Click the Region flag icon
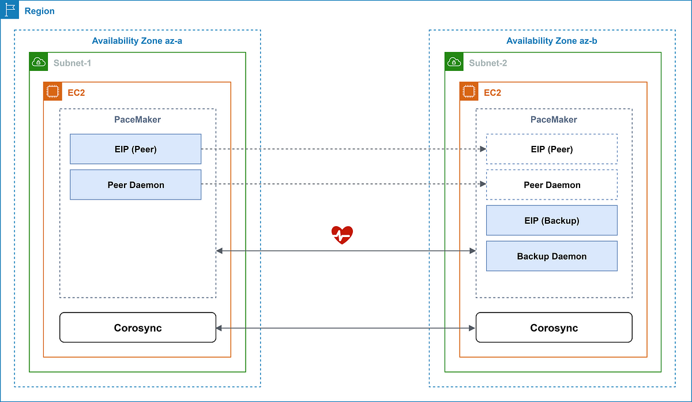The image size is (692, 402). tap(10, 10)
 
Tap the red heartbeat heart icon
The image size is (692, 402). tap(342, 235)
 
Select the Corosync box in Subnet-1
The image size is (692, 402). tap(138, 328)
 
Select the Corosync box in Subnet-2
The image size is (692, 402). tap(554, 328)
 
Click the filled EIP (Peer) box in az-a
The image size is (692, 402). tap(136, 149)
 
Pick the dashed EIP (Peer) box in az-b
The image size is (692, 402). tap(552, 149)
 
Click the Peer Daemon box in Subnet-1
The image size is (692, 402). tap(136, 185)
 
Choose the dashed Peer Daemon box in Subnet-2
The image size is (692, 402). tap(552, 185)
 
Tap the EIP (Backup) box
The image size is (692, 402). tap(552, 220)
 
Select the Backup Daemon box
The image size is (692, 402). tap(552, 256)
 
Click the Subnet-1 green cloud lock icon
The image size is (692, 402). tap(39, 62)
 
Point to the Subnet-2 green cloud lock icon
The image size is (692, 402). tap(454, 62)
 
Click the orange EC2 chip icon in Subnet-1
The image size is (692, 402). tap(53, 92)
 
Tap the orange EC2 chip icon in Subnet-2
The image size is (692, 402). tap(469, 92)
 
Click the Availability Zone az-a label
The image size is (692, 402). tap(137, 41)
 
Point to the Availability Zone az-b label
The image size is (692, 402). tap(552, 41)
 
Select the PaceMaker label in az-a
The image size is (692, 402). tap(137, 119)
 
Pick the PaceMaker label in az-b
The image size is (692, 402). tap(554, 119)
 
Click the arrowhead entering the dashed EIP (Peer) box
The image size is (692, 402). tap(483, 149)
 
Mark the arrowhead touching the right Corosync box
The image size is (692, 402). tap(472, 328)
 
